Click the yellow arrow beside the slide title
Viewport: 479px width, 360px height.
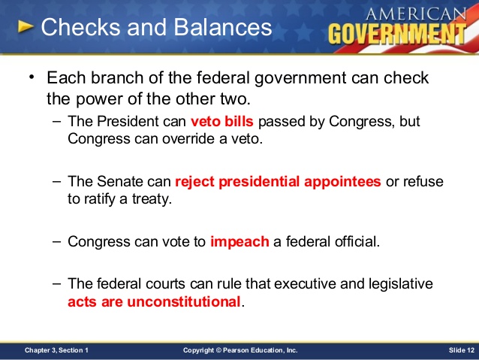(26, 26)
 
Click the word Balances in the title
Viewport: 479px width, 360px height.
(223, 27)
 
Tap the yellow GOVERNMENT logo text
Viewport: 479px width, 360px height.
(397, 34)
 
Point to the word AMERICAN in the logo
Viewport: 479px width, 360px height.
(416, 14)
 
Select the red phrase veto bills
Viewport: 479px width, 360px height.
(222, 121)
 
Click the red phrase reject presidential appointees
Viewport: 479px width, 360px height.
(278, 182)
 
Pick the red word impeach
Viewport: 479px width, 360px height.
(239, 242)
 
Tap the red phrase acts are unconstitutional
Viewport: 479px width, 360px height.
(154, 301)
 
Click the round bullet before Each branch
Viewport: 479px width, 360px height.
(32, 77)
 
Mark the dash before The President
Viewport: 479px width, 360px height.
(57, 121)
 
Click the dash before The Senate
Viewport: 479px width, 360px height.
(57, 181)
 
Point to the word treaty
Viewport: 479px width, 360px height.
(152, 199)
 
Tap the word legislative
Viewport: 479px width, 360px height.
(400, 284)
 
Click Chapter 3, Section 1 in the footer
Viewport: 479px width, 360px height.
(56, 350)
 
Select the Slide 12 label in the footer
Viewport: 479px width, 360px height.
(462, 350)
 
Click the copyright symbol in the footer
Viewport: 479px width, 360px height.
(218, 350)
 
